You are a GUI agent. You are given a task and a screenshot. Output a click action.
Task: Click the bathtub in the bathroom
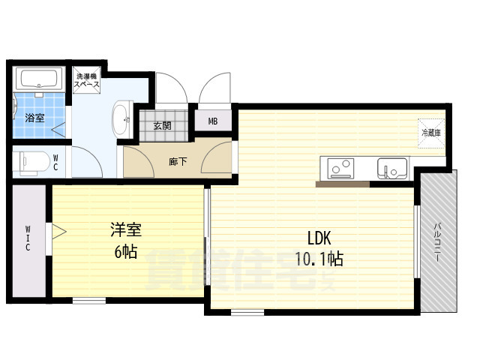pos(40,79)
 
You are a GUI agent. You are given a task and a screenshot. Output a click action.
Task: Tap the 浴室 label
pos(35,118)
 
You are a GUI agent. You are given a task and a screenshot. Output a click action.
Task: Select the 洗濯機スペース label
pos(86,80)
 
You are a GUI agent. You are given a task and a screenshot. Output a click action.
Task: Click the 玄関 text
pos(163,125)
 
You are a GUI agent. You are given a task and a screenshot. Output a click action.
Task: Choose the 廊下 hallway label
pos(178,160)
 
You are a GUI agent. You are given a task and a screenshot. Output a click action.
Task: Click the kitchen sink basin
pos(391,168)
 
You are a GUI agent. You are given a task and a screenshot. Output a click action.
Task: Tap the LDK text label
pos(319,238)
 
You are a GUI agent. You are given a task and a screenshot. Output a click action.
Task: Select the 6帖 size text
pos(125,252)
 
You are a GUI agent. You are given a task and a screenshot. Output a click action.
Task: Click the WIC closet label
pos(28,238)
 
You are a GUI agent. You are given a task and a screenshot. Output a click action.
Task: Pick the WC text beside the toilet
pos(55,162)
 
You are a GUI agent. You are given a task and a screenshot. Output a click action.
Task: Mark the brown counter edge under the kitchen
pos(363,183)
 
